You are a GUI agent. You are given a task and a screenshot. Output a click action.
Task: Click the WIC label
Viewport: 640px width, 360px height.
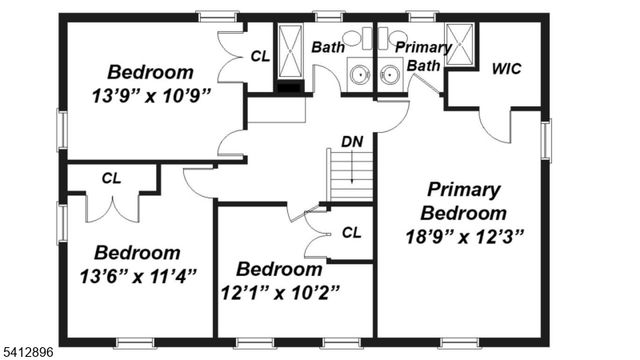[506, 69]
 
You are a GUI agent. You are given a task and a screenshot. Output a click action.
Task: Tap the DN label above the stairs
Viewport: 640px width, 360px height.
[352, 142]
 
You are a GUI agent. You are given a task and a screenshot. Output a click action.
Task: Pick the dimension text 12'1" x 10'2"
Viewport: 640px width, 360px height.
[281, 292]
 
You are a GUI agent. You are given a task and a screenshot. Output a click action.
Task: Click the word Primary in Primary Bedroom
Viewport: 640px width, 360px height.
[464, 189]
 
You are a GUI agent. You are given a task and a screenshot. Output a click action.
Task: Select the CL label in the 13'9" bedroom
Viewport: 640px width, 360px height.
[260, 57]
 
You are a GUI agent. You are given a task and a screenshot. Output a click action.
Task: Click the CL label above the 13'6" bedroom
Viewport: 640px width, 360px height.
[111, 178]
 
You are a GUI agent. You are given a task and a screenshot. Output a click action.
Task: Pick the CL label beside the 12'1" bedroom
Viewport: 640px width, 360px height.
[351, 232]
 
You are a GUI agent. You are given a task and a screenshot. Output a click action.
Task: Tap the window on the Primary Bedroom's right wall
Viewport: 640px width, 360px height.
[545, 140]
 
